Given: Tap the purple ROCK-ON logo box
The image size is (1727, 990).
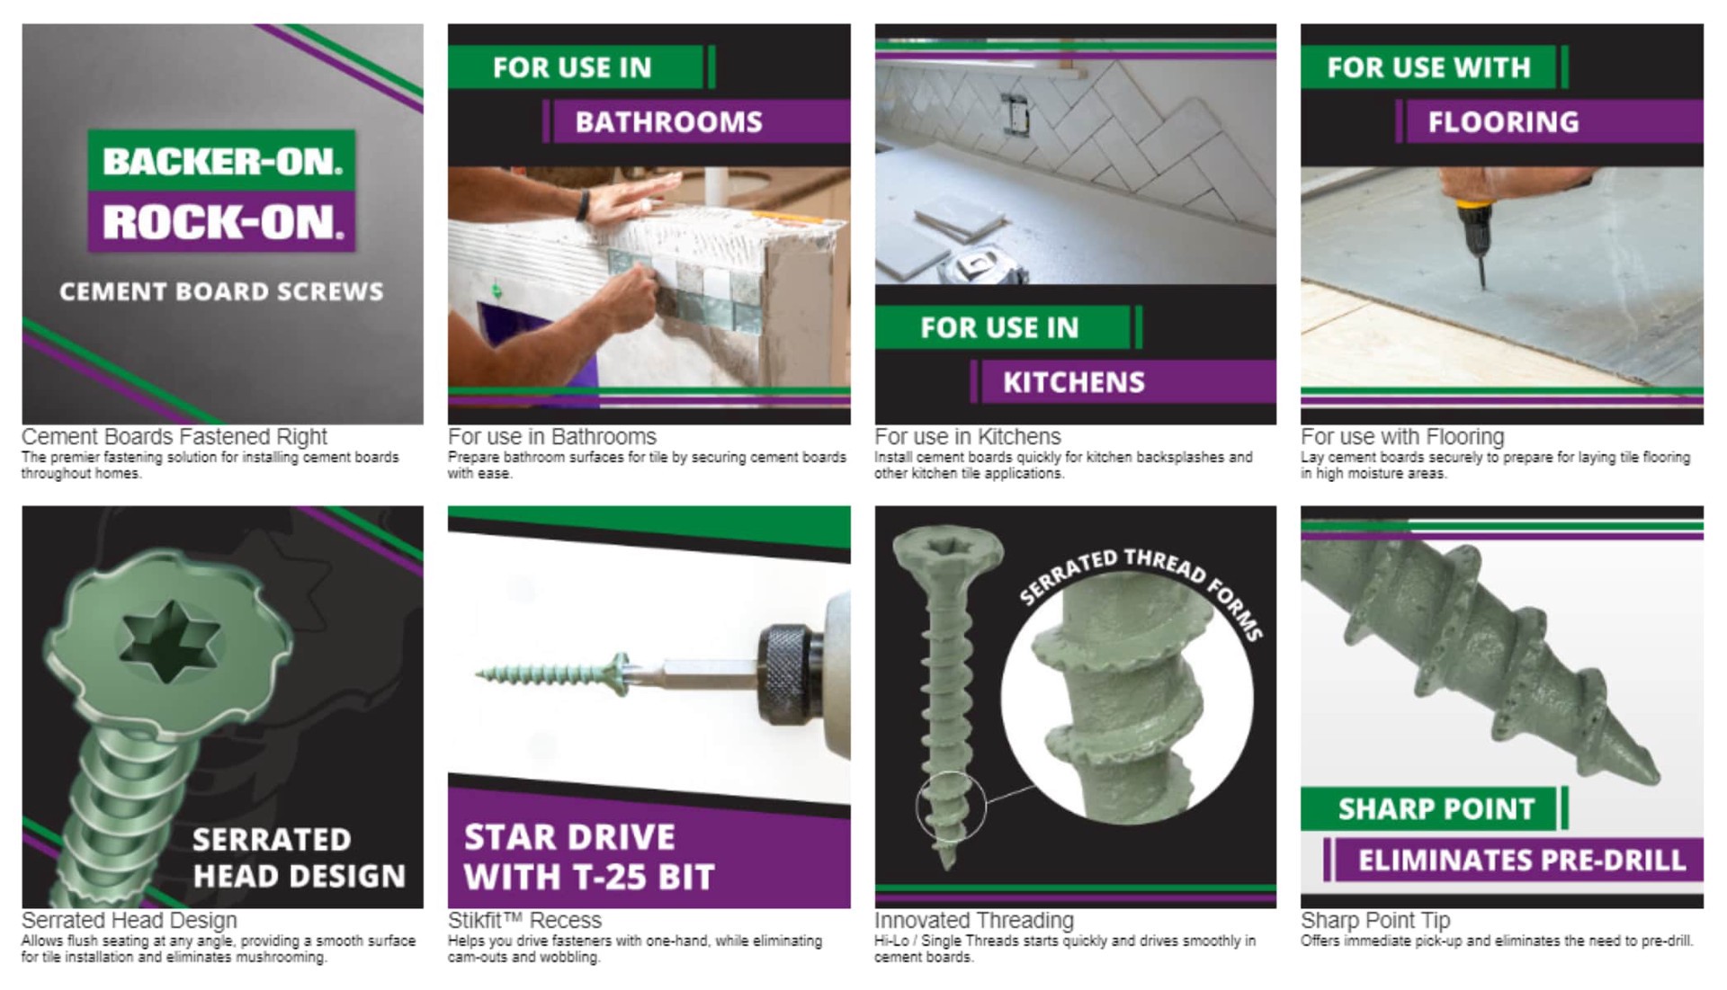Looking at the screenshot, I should [x=221, y=221].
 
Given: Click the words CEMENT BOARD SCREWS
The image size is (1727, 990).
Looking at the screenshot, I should [x=221, y=291].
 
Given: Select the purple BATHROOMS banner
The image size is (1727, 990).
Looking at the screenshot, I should [x=697, y=121].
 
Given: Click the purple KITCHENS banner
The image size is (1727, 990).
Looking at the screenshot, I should [x=1124, y=382].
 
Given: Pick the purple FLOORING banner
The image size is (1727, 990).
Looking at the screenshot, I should [x=1549, y=121].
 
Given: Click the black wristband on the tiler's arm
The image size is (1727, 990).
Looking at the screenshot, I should [x=583, y=205].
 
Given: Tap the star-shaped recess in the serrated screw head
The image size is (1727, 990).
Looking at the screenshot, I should [x=169, y=641].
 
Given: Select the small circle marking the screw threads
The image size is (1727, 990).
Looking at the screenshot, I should [x=951, y=807].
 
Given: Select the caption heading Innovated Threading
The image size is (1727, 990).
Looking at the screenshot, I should [x=974, y=921].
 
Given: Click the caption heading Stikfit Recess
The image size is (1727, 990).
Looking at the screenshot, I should [x=524, y=921].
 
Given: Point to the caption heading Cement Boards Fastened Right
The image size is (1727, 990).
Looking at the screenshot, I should [x=174, y=437].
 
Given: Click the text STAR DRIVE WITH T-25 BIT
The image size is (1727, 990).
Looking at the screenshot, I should [x=589, y=857].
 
